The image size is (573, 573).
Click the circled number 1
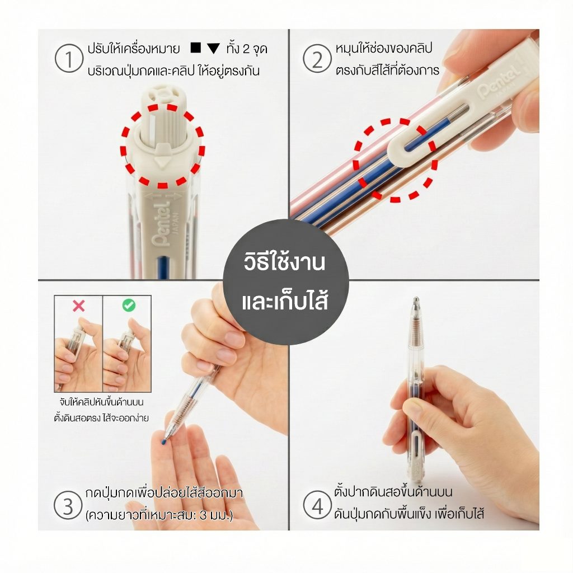coord(69,58)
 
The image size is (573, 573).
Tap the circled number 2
coord(317,58)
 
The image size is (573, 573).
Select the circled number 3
coord(68,505)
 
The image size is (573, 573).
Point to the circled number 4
coord(317,505)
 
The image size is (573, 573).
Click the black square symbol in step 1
coord(196,48)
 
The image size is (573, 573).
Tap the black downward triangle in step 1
coord(213,49)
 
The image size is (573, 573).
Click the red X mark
coord(78,306)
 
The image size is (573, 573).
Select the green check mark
coord(129,305)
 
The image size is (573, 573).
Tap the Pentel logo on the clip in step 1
coord(162,224)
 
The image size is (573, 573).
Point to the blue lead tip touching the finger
coord(163,442)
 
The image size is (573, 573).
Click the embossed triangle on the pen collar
coord(161,162)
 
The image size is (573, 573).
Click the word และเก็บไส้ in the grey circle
coord(285,301)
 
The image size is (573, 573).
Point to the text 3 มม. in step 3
coord(216,515)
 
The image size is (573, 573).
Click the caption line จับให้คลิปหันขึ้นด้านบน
coord(101,402)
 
